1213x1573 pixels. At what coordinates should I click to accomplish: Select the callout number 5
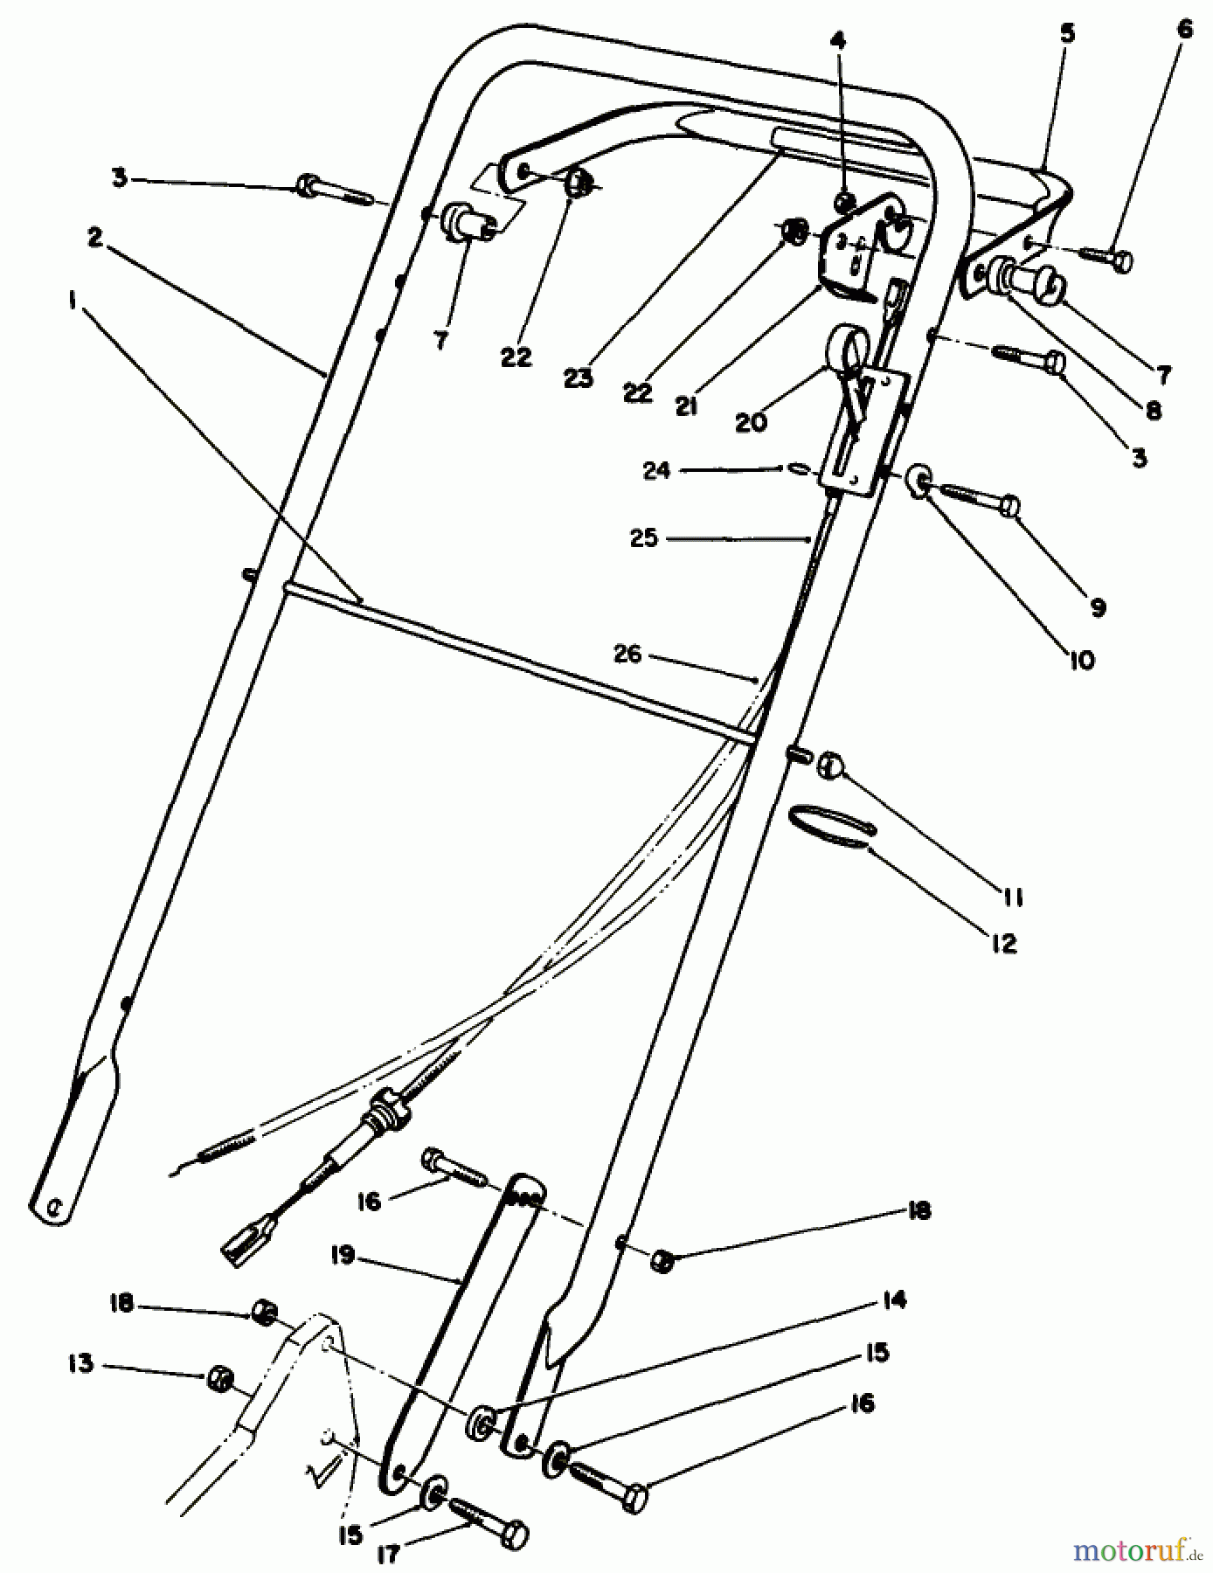pyautogui.click(x=1067, y=34)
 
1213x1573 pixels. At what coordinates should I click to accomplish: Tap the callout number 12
pyautogui.click(x=1004, y=943)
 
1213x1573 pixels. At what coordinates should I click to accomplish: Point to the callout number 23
pyautogui.click(x=579, y=378)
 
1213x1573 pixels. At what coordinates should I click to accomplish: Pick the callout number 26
pyautogui.click(x=627, y=653)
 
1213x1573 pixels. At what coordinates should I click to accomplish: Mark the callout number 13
pyautogui.click(x=81, y=1363)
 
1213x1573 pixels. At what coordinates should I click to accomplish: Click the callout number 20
pyautogui.click(x=751, y=422)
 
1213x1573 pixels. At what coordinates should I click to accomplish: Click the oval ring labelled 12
pyautogui.click(x=833, y=826)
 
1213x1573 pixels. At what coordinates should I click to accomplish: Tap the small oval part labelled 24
pyautogui.click(x=797, y=469)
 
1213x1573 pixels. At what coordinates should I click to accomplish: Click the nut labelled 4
pyautogui.click(x=843, y=203)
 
